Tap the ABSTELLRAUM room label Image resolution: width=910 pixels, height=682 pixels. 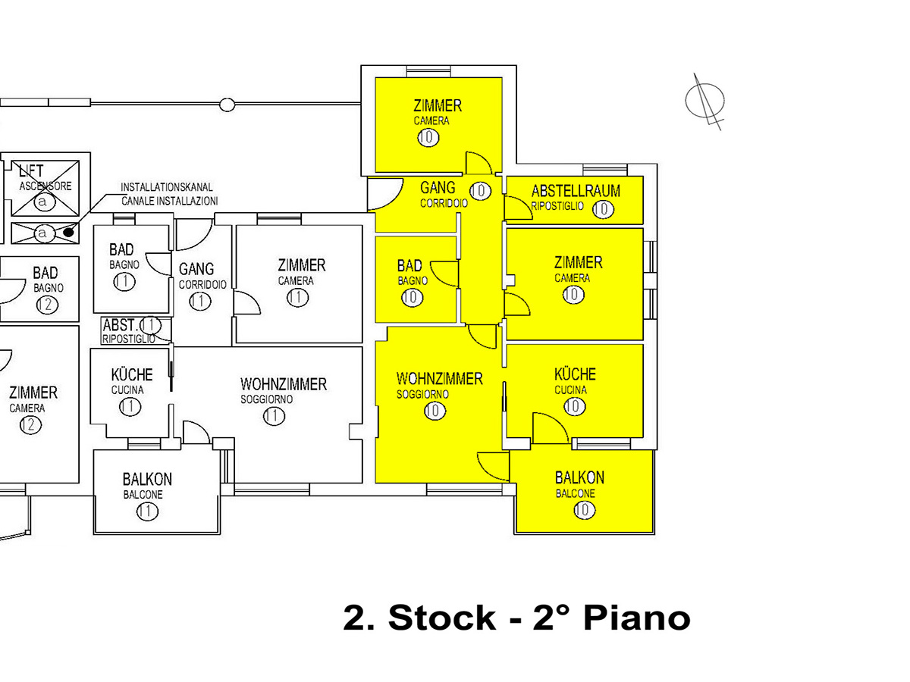(576, 191)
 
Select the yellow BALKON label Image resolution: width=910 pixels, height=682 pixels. (579, 477)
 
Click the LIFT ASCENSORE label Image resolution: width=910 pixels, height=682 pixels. (31, 172)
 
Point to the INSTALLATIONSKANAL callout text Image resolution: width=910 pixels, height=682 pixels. (167, 186)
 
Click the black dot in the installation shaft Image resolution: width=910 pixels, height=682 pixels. (68, 233)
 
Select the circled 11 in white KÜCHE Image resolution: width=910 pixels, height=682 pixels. (130, 407)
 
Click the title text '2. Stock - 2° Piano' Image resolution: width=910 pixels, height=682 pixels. (516, 618)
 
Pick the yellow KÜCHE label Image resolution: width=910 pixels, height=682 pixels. (575, 374)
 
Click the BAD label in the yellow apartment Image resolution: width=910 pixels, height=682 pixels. (409, 266)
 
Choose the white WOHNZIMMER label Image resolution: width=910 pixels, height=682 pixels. (284, 384)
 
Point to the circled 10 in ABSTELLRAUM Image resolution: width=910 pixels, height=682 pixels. (603, 209)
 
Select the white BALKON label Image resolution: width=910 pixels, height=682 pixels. (147, 479)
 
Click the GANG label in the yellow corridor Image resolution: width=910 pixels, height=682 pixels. (438, 187)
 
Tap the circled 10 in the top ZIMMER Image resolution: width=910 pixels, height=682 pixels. (428, 137)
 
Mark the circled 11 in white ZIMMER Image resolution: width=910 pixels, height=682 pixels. (298, 298)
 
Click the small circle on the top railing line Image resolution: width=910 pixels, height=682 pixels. (226, 104)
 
